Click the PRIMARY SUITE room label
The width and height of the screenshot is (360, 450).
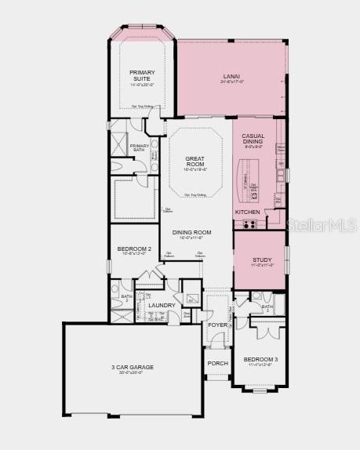[142, 75]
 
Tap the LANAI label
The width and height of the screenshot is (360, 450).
[233, 76]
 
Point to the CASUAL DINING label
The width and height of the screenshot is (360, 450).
[253, 137]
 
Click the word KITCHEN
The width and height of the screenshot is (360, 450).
[246, 212]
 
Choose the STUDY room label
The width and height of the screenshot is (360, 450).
[262, 260]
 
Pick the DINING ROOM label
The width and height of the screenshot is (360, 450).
[191, 232]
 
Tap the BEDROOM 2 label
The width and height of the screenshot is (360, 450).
[134, 249]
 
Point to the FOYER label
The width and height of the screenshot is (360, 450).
[217, 325]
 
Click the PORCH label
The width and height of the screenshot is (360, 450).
[217, 363]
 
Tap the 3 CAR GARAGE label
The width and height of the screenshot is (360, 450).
[132, 367]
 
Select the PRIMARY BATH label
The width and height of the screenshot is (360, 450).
[140, 147]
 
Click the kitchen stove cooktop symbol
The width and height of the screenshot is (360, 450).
[249, 223]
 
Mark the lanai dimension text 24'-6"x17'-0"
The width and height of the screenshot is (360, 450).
[233, 82]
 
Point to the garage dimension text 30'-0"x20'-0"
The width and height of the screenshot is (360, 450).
[132, 373]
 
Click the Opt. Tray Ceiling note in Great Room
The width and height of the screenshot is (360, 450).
[196, 194]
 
